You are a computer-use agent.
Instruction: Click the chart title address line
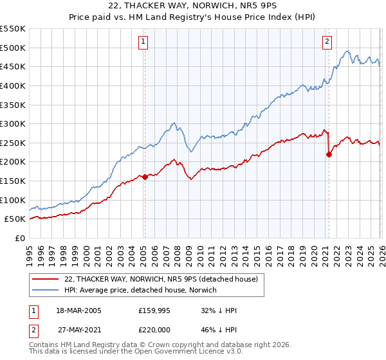[193, 8]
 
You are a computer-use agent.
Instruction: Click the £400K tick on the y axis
[13, 85]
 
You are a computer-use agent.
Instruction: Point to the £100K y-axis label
[13, 200]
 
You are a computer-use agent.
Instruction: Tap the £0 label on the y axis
[19, 238]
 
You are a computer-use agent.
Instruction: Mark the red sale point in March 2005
[145, 177]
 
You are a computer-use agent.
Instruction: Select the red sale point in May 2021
[329, 154]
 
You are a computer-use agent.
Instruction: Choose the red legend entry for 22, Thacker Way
[161, 279]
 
